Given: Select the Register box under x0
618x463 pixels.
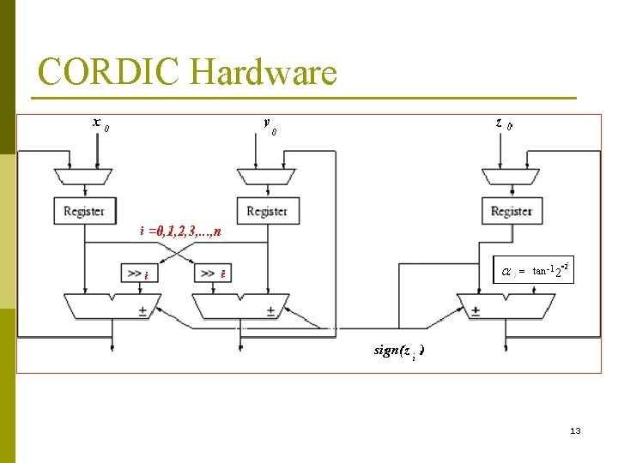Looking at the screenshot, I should [83, 210].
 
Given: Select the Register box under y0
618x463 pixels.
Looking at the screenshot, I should [267, 210].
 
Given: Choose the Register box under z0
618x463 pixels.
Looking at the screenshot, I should [512, 210].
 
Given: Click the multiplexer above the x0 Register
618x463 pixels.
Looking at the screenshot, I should [83, 176].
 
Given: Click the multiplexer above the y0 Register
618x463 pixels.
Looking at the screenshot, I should [267, 176].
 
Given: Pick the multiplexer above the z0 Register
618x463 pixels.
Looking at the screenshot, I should [512, 176].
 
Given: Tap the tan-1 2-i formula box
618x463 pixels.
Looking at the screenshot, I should [532, 271].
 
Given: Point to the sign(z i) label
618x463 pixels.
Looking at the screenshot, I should [398, 351].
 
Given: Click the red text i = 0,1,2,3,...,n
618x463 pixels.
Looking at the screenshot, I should [181, 231].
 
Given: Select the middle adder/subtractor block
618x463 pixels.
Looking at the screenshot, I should [239, 305].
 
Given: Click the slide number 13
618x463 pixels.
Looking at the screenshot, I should [575, 430].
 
